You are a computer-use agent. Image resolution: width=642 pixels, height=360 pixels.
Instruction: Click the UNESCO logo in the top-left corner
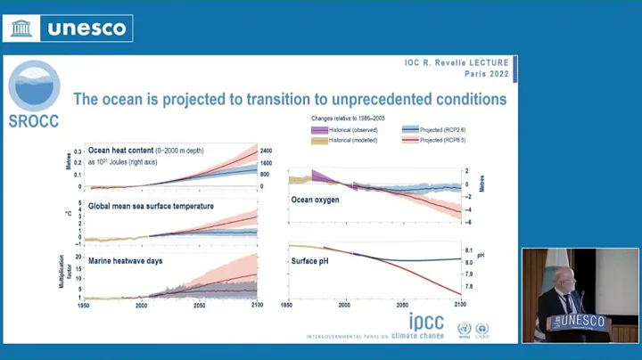click(69, 28)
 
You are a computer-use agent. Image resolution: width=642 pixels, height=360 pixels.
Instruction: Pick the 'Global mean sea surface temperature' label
click(151, 206)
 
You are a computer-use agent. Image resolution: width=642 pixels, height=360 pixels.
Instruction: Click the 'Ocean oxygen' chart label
click(316, 200)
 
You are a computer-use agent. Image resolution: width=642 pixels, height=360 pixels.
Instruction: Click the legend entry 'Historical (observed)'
click(350, 130)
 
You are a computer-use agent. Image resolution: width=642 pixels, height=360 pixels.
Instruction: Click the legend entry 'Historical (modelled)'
click(350, 141)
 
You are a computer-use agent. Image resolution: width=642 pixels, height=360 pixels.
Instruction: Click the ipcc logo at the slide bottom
click(426, 323)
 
